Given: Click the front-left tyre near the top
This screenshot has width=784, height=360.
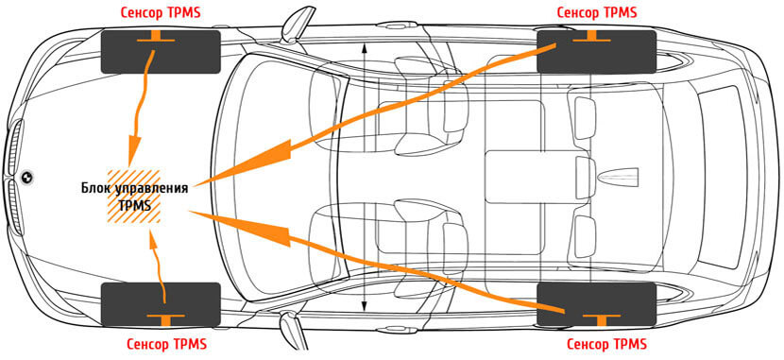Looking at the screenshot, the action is click(x=161, y=52).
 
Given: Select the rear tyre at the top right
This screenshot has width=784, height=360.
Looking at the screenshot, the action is click(x=596, y=52).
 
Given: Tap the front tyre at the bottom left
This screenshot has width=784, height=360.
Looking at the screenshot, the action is click(x=161, y=304).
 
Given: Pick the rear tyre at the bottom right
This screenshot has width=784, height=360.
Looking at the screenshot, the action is click(x=596, y=304).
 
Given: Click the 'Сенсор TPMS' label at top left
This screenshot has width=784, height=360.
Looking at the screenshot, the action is click(x=161, y=12).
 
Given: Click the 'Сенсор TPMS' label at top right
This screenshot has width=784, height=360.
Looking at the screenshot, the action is click(x=597, y=12).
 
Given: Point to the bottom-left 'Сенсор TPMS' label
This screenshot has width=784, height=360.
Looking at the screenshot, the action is click(x=166, y=344).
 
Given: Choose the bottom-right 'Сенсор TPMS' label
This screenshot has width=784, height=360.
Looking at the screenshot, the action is click(x=606, y=344).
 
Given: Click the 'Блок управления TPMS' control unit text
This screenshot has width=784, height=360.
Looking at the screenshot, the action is click(x=134, y=197).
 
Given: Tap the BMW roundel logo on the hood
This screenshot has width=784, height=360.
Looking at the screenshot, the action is click(x=26, y=176).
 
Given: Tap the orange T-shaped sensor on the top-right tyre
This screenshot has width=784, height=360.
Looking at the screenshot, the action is click(x=592, y=37).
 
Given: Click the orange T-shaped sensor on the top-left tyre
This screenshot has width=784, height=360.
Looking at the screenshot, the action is click(x=156, y=37).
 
